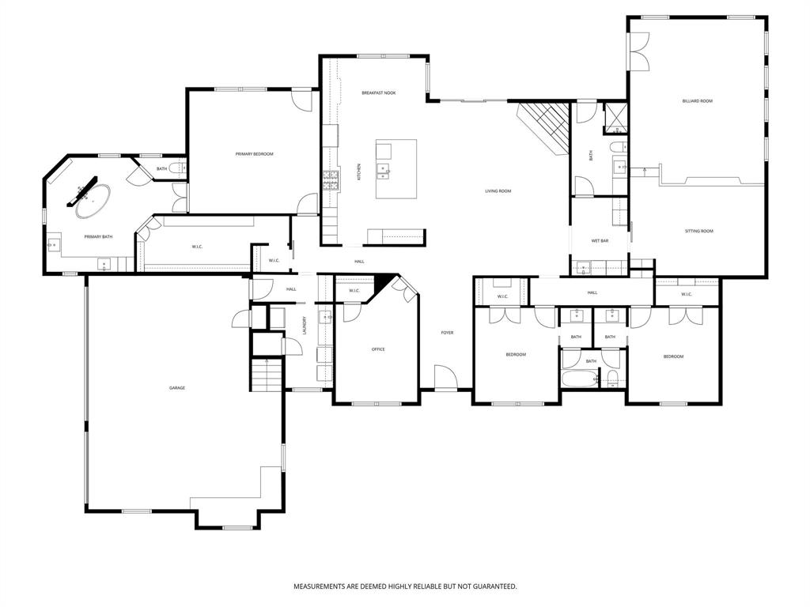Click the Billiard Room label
[x=697, y=101]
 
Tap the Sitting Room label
[x=698, y=231]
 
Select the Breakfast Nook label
[x=378, y=93]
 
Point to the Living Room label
[x=498, y=191]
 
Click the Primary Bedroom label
[x=254, y=153]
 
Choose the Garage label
[x=176, y=388]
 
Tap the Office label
[x=378, y=349]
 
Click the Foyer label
[x=447, y=333]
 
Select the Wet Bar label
[x=600, y=240]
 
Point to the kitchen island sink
[x=383, y=168]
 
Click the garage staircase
[x=267, y=375]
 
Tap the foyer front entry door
[x=445, y=379]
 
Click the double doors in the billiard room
[x=639, y=52]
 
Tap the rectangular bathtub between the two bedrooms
[x=579, y=376]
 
